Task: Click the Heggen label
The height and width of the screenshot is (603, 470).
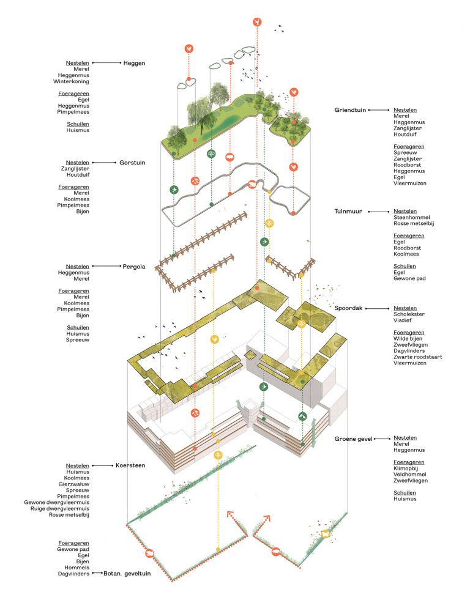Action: click(134, 63)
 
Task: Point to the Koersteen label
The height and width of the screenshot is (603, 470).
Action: click(130, 465)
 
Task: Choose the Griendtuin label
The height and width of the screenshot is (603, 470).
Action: click(350, 110)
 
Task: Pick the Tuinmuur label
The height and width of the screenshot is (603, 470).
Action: click(348, 211)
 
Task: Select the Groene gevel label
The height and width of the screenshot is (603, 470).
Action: click(353, 438)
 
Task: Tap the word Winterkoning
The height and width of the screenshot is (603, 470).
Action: click(72, 81)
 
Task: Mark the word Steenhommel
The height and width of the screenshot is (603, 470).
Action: click(412, 217)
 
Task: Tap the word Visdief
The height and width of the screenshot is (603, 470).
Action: click(403, 320)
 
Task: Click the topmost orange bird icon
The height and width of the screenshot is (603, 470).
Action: click(258, 22)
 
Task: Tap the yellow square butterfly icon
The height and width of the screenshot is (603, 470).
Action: click(326, 534)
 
